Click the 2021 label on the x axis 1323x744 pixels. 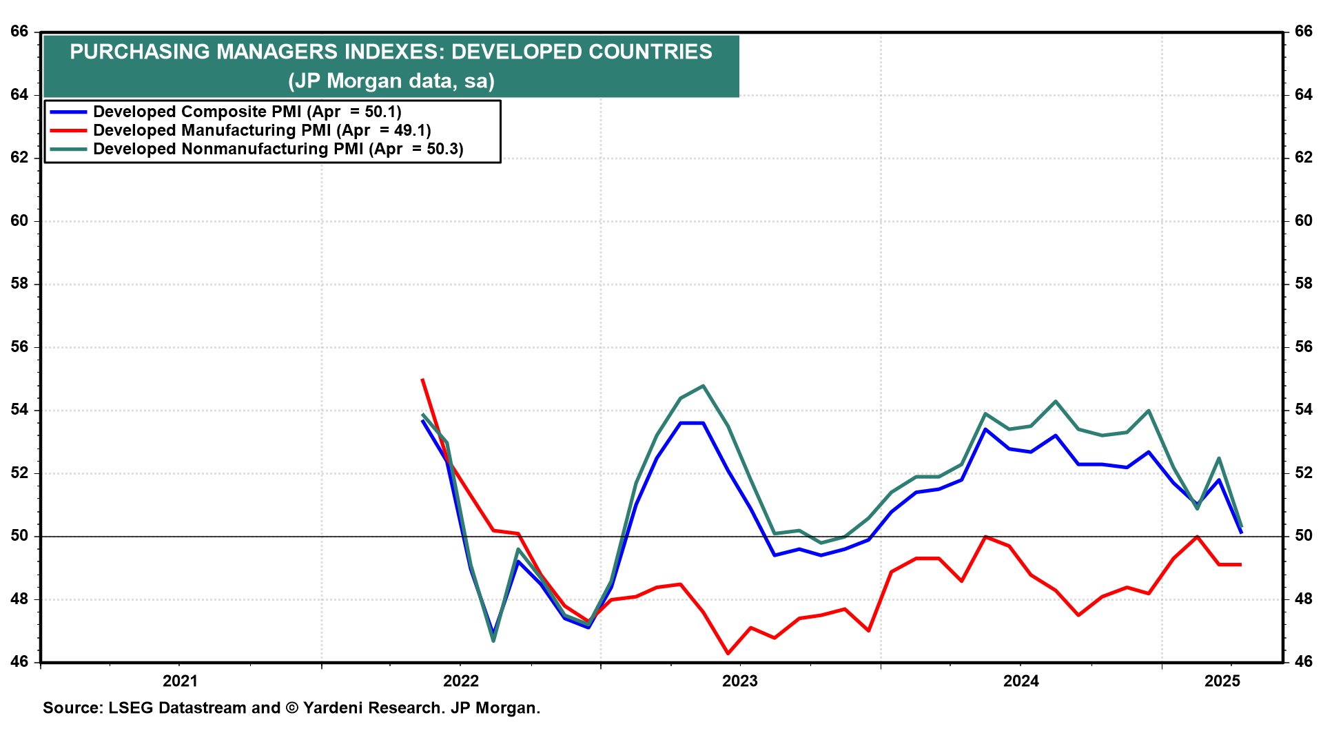[180, 681]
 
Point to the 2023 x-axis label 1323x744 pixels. [739, 681]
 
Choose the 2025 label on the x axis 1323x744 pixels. [1222, 681]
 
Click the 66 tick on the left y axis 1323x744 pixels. [19, 32]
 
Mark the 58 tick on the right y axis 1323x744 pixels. [1304, 284]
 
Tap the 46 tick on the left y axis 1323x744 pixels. [19, 662]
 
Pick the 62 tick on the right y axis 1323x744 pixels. [1304, 158]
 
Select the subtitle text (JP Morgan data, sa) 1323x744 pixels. [391, 81]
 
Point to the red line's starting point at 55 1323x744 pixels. [422, 379]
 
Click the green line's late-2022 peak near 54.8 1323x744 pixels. [703, 386]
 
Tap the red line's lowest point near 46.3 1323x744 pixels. [728, 653]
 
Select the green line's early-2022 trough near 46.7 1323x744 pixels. [493, 641]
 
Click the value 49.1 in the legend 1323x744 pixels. [411, 130]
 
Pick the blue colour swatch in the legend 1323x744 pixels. [68, 112]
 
